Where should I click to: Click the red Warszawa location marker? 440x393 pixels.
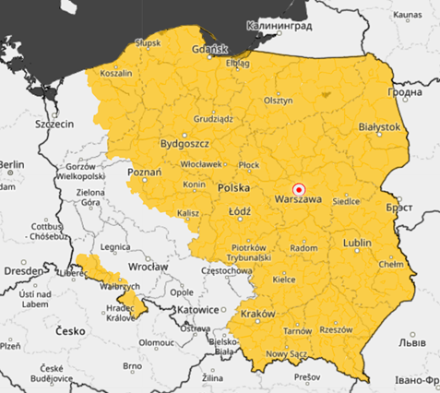(x=298, y=187)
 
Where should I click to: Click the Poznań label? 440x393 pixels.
(x=145, y=172)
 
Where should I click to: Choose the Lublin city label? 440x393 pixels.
(x=356, y=243)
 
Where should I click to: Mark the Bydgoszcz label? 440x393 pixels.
(x=184, y=144)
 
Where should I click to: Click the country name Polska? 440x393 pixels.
(x=234, y=187)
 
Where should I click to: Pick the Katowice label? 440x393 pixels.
(x=198, y=310)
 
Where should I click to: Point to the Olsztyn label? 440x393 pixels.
(x=278, y=100)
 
